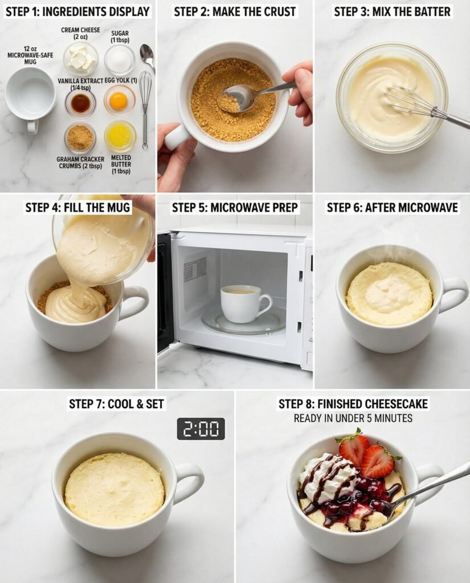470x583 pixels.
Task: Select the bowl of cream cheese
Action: (x=81, y=59)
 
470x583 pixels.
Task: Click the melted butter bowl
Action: (x=120, y=136)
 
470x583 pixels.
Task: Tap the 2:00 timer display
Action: (x=201, y=429)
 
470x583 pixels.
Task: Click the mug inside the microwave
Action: (x=244, y=303)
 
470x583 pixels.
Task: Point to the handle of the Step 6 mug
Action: (x=452, y=295)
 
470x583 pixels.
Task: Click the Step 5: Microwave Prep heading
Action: (x=235, y=207)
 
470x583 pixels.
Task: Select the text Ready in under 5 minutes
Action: (x=353, y=418)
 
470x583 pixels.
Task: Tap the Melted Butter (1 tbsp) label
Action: (x=121, y=165)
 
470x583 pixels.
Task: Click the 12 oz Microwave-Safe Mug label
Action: (x=30, y=55)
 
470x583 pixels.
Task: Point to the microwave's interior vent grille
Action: (x=195, y=269)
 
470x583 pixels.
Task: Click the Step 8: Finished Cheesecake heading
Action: (x=353, y=404)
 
